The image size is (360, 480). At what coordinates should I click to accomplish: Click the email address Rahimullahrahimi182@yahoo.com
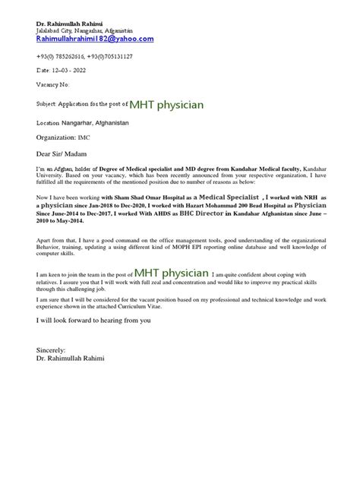[95, 39]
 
